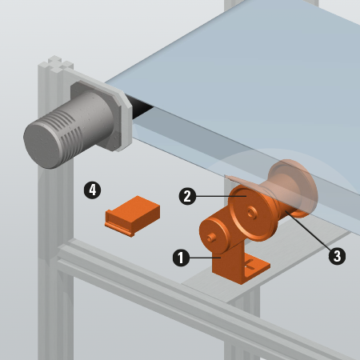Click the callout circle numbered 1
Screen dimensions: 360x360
point(182,258)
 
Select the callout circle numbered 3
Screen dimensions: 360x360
point(338,257)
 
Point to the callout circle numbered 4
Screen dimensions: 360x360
point(92,190)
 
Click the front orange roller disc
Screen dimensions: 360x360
point(252,210)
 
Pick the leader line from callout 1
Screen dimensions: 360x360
point(204,258)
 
